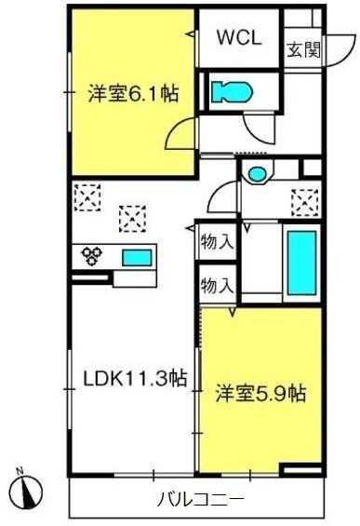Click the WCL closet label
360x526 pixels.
[x=239, y=37]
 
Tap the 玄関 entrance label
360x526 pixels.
[x=303, y=50]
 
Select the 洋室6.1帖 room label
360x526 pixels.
[x=133, y=94]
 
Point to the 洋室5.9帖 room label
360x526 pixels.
[x=260, y=393]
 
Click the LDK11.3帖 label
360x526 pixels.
[x=135, y=378]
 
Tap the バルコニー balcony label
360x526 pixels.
[x=200, y=500]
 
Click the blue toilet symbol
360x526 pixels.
[x=232, y=91]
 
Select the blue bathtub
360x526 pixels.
[x=301, y=263]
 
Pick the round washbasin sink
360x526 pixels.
[x=258, y=174]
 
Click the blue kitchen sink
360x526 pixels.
[x=137, y=258]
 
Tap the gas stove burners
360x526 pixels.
[x=91, y=256]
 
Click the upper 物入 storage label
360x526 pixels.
[x=217, y=241]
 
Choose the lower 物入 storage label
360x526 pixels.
[x=217, y=286]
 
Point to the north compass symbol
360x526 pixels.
[x=26, y=491]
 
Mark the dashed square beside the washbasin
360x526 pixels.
[x=305, y=203]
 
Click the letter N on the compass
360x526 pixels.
[x=20, y=471]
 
